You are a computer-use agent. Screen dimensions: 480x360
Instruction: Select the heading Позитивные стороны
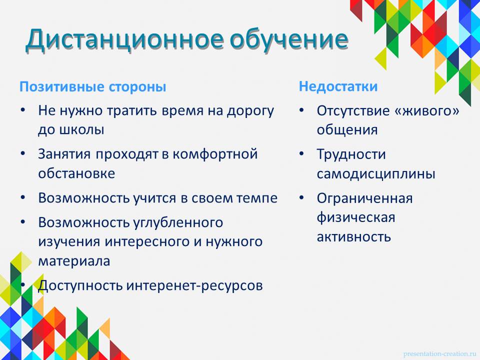click(x=93, y=86)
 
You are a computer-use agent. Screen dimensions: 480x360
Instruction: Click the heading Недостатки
click(x=338, y=86)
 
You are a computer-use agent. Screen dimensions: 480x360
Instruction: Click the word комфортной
click(x=215, y=154)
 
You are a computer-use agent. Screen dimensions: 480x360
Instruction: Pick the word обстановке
click(x=76, y=173)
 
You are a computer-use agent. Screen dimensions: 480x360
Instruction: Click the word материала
click(x=74, y=261)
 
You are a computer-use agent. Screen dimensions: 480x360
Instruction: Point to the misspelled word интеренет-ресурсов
click(x=194, y=285)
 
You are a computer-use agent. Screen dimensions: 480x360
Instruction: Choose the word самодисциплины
click(x=376, y=174)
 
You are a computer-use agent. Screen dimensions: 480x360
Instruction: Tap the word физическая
click(x=355, y=217)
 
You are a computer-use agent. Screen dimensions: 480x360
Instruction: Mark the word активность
click(x=354, y=237)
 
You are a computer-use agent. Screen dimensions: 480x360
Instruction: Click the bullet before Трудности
click(x=301, y=153)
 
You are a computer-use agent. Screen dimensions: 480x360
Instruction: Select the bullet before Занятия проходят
click(x=23, y=153)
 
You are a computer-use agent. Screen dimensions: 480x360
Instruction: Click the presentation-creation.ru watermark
click(x=440, y=354)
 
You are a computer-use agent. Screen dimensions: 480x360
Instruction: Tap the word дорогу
click(x=250, y=111)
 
